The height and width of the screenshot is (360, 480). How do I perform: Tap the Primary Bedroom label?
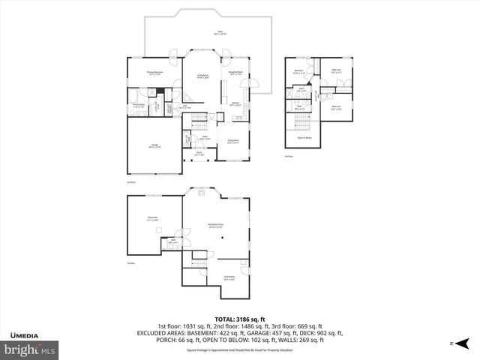coord(155,73)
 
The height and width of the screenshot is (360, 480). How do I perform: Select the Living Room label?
coord(202,76)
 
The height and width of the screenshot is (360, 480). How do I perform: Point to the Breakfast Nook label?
coord(235,73)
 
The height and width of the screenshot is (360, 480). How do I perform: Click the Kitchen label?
coord(235,104)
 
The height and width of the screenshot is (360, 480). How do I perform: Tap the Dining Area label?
coord(232,141)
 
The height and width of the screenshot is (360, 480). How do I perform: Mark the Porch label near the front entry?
coord(200,154)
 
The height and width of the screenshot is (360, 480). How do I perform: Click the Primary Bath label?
coord(139,106)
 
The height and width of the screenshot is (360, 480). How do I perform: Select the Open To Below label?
coord(305,138)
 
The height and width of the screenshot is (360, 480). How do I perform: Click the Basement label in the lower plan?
coord(152,219)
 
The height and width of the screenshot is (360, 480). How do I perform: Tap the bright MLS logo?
coord(31,349)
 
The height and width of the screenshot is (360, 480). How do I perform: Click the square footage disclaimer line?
coord(239,349)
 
